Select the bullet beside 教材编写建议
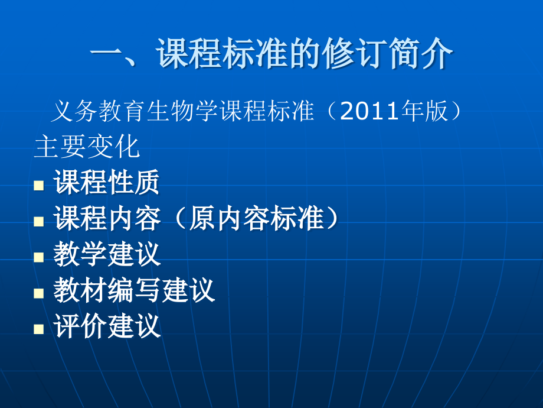39,293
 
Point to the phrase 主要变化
87,147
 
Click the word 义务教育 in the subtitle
98,111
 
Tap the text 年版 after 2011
424,111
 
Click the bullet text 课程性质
107,184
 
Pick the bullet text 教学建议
107,255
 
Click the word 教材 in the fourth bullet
80,291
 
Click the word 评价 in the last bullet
80,327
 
